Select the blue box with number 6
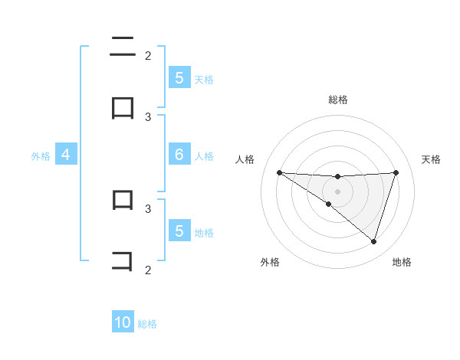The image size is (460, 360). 179,155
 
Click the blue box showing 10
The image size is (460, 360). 123,322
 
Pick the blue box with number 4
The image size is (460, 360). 65,155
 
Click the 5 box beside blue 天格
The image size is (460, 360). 179,77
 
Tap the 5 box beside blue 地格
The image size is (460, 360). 179,231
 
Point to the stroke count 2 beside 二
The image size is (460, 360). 148,55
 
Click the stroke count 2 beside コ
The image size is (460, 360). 148,270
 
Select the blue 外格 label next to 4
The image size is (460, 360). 41,156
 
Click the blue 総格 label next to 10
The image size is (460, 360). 147,324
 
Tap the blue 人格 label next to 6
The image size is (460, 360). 204,156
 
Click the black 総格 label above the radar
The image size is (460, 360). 337,100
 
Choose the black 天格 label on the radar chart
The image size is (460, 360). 431,159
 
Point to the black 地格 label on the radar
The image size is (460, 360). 402,262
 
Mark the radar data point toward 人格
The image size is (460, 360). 279,172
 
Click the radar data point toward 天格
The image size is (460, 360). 396,172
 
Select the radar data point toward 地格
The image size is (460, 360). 373,241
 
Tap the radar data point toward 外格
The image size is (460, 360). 328,204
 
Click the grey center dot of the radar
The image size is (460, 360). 337,191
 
